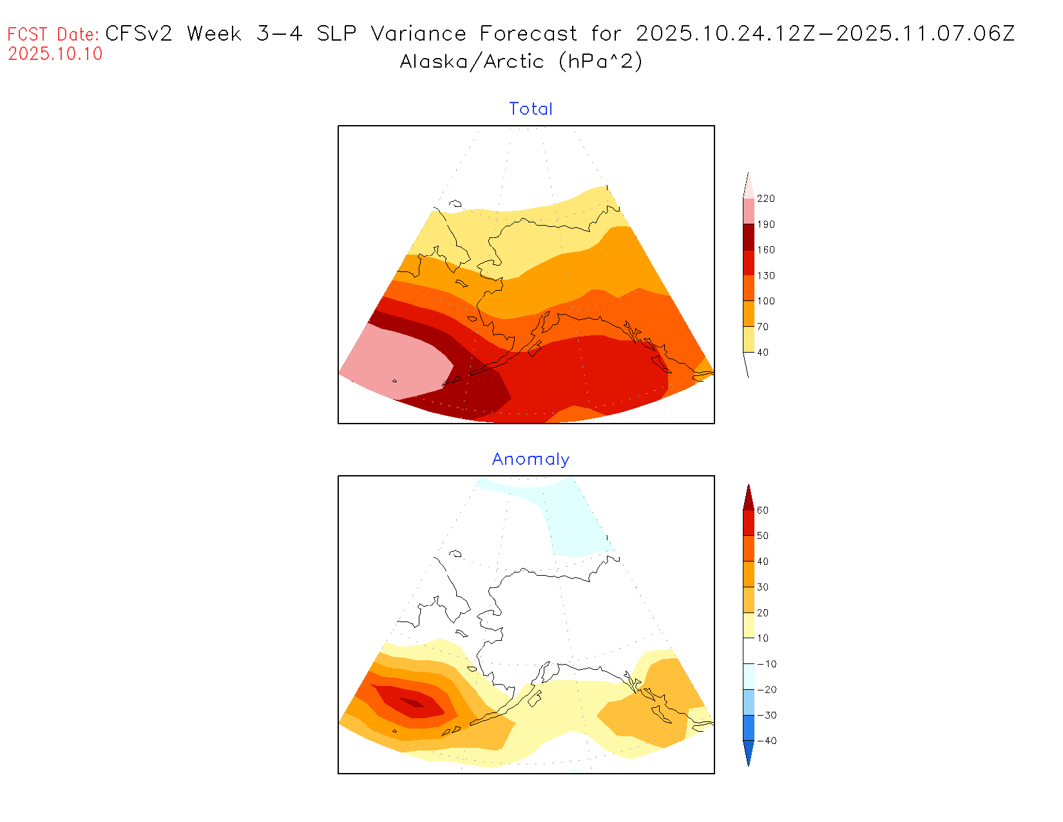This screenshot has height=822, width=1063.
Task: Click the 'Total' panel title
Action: point(531,109)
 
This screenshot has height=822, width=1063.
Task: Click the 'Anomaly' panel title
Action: point(531,459)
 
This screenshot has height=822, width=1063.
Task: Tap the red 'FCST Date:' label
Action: point(53,34)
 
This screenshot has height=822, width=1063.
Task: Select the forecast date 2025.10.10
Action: point(55,54)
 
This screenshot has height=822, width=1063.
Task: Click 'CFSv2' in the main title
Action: point(139,34)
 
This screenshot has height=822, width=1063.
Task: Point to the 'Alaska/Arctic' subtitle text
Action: point(472,62)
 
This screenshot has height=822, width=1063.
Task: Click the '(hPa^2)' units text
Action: point(600,62)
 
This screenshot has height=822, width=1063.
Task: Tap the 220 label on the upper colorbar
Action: point(766,199)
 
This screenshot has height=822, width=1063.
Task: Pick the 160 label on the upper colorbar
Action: point(766,250)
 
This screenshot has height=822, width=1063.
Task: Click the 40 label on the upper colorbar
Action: point(763,353)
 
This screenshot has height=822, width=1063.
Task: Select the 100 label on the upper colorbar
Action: point(766,301)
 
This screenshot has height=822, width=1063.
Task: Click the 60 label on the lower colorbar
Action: point(763,511)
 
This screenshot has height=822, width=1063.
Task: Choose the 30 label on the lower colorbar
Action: point(763,587)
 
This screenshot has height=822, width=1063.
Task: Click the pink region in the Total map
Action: point(399,361)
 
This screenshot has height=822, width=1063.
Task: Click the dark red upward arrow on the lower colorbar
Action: point(748,498)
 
